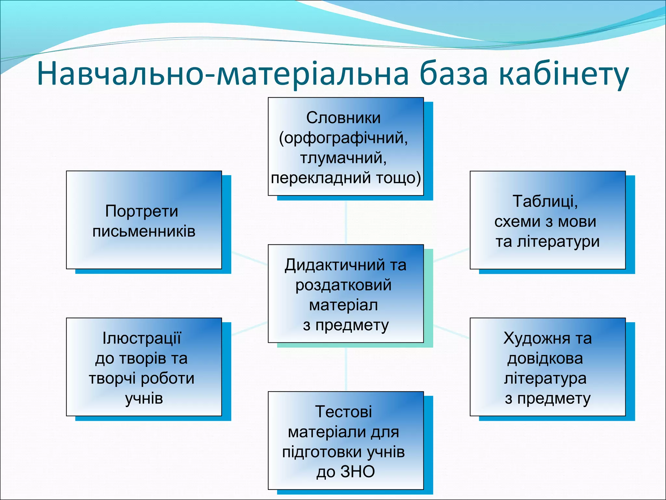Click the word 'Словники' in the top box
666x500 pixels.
click(343, 118)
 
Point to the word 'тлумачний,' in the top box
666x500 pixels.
click(343, 159)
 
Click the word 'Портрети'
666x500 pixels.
click(142, 211)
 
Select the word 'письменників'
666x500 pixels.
click(144, 231)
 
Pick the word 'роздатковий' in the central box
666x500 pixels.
click(343, 285)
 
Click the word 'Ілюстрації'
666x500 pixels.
click(142, 338)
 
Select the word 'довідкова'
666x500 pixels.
click(545, 358)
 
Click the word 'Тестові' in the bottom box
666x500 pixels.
click(343, 412)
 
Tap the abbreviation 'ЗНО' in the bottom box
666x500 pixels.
click(357, 472)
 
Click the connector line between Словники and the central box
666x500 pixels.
click(346, 221)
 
